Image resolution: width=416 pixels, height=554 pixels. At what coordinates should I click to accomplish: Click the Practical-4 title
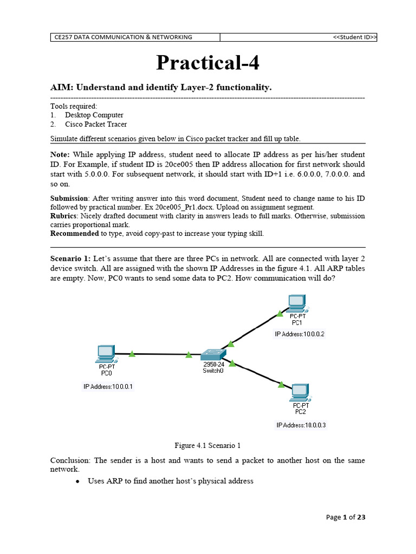[x=207, y=63]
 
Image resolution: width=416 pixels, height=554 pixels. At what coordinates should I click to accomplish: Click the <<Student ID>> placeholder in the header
[x=354, y=37]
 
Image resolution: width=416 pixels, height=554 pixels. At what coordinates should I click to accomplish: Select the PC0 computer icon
[x=105, y=354]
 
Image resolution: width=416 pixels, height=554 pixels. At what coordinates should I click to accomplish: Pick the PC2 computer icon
[x=300, y=392]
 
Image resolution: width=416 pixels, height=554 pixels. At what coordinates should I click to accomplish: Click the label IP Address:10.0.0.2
[x=300, y=334]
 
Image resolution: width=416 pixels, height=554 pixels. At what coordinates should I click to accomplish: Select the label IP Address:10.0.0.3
[x=301, y=425]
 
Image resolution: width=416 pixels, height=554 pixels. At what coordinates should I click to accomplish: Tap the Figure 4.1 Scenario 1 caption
[x=207, y=446]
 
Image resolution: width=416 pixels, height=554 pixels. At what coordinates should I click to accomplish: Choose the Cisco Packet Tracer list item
[x=96, y=124]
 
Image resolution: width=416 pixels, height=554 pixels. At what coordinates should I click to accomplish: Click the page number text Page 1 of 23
[x=346, y=517]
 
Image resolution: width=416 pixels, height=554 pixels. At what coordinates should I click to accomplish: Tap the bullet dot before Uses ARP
[x=79, y=482]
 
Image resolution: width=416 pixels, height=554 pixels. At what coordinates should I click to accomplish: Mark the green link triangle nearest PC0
[x=132, y=354]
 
